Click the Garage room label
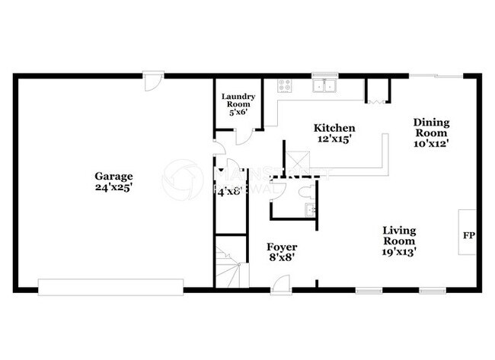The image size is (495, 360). click(x=113, y=174)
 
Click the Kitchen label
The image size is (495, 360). click(x=335, y=129)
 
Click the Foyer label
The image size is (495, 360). click(x=281, y=247)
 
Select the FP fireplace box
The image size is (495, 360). click(x=468, y=235)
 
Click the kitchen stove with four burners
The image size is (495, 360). click(x=286, y=86)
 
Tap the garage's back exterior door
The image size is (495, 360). click(x=154, y=78)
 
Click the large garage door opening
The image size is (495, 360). click(x=110, y=287)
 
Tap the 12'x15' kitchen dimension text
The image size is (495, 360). click(x=335, y=140)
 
